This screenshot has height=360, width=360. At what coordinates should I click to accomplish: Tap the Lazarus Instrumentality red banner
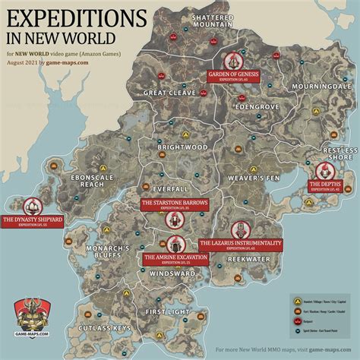tap(240, 244)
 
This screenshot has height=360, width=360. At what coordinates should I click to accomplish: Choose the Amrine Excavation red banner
tap(174, 259)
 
